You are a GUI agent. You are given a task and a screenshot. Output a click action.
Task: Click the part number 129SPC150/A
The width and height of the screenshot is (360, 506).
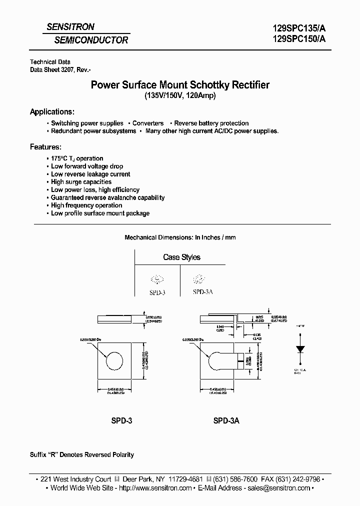click(x=298, y=41)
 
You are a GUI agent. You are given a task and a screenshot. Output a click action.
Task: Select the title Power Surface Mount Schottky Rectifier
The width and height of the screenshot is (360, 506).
click(x=179, y=85)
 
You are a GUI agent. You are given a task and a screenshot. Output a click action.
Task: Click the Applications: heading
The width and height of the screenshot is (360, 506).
click(x=52, y=111)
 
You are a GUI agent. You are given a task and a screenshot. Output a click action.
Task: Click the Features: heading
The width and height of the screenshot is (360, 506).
click(x=46, y=147)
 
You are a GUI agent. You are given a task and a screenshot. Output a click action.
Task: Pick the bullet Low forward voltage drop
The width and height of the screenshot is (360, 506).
click(x=87, y=166)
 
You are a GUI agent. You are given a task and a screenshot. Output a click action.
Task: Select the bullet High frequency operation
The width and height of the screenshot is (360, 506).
click(x=86, y=205)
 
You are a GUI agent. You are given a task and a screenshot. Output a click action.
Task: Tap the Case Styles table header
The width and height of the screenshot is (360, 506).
click(x=181, y=257)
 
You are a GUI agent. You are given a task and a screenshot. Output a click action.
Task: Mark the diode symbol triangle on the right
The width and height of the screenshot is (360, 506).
click(x=300, y=348)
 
